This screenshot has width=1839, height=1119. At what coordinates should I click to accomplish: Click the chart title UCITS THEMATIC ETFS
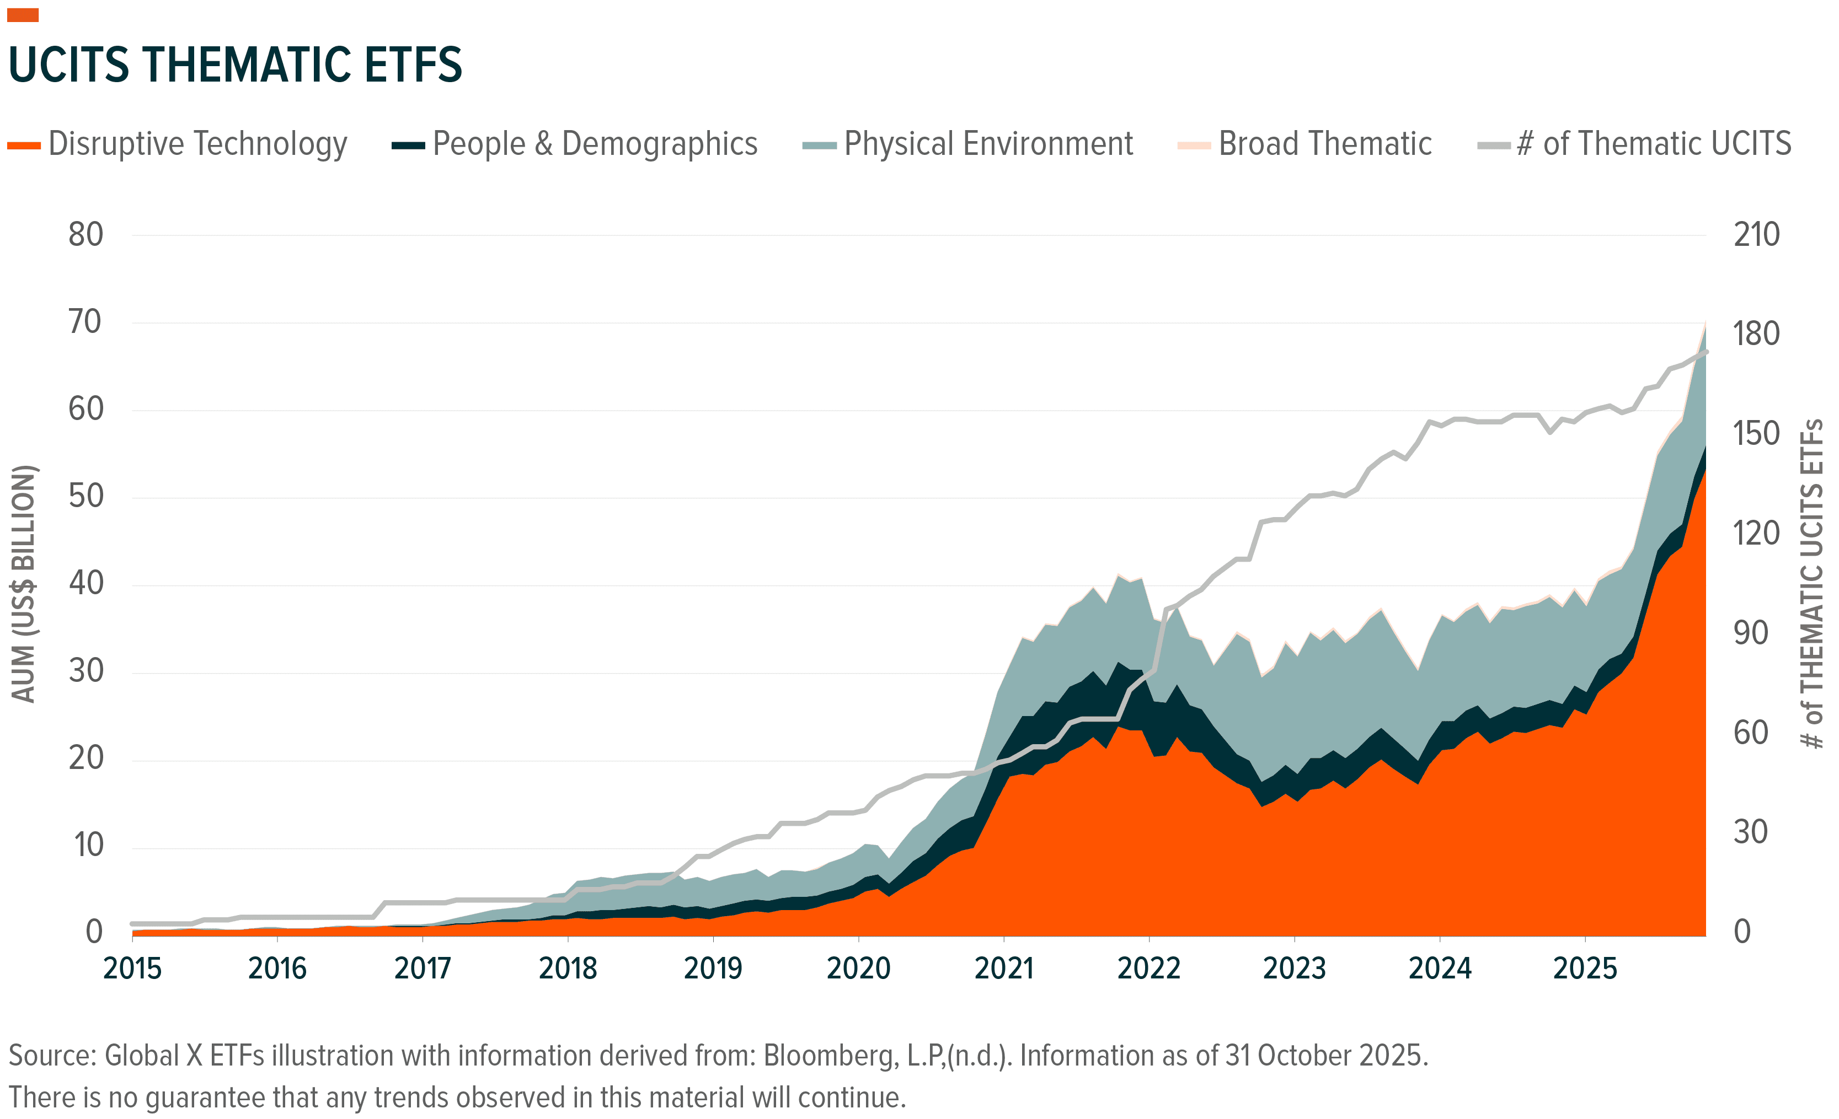click(235, 65)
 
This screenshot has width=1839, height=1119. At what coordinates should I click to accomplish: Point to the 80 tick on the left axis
click(86, 235)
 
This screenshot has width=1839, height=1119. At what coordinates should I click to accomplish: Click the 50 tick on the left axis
click(86, 497)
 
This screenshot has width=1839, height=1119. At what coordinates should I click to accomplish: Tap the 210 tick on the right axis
click(1756, 235)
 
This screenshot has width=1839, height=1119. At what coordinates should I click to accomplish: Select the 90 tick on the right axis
click(1750, 633)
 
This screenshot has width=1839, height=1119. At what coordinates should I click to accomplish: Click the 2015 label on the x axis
click(132, 969)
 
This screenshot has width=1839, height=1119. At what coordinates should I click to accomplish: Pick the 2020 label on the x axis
click(858, 969)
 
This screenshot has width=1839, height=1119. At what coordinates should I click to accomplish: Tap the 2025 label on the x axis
click(1585, 969)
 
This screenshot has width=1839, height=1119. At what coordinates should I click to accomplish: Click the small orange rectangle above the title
click(23, 15)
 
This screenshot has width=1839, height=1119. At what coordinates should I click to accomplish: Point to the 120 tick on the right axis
click(1756, 534)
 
